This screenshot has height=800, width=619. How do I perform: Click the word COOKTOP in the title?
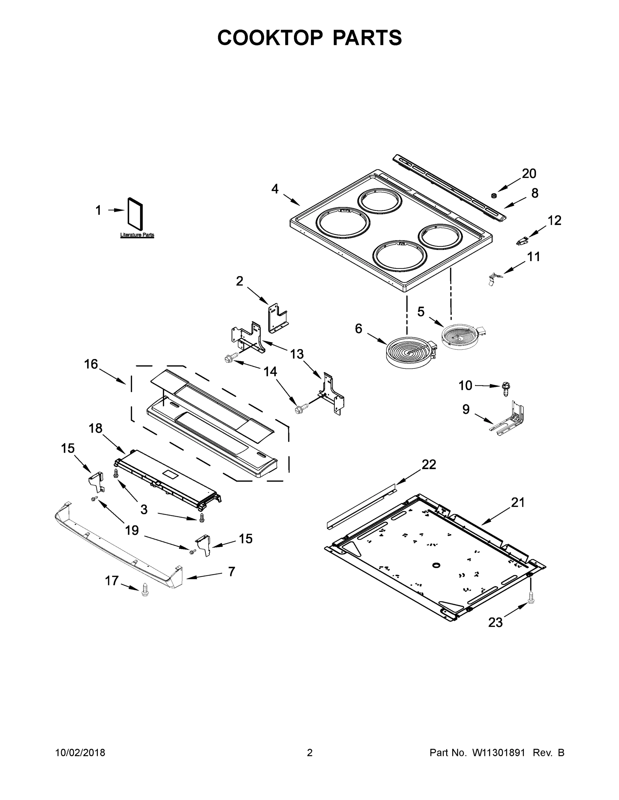[270, 38]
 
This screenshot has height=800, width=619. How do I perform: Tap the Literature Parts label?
[137, 235]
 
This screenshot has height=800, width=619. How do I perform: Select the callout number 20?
[529, 173]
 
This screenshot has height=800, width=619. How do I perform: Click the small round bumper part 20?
[494, 195]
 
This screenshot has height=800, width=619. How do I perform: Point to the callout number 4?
[275, 189]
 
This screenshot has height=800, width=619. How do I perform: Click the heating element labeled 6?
[410, 352]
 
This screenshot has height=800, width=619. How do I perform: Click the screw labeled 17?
[145, 590]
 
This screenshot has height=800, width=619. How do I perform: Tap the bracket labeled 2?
[277, 317]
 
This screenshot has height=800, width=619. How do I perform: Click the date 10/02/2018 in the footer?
[80, 753]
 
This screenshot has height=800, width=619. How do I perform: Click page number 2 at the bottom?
[310, 753]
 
